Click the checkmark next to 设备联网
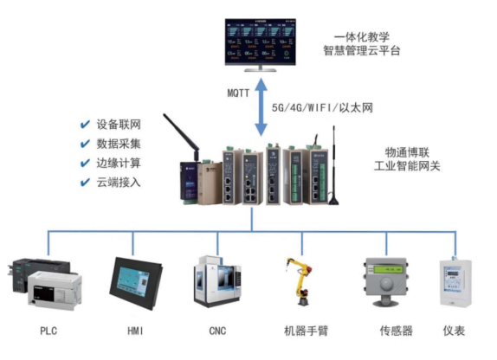click(85, 124)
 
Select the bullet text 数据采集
click(119, 144)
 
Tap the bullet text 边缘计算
click(119, 163)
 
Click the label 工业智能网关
click(407, 164)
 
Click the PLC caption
click(48, 331)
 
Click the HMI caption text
click(134, 331)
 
